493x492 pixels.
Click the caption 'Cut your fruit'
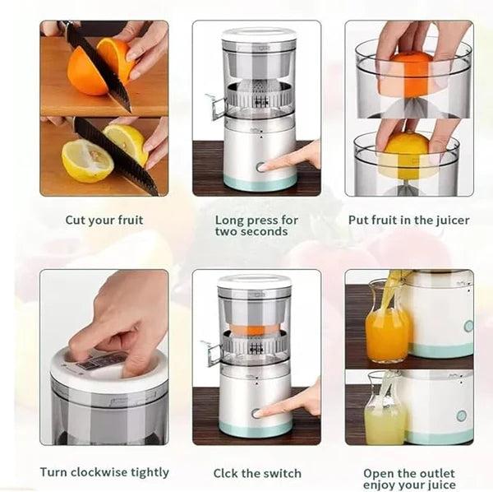point(104,220)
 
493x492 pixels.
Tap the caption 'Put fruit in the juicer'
point(408,220)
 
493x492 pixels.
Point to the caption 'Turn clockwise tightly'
point(104,472)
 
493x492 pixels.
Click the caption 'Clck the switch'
point(257,473)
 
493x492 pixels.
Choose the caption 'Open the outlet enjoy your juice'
point(408,480)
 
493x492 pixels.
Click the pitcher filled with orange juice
point(386,329)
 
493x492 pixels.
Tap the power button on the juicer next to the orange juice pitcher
point(468,326)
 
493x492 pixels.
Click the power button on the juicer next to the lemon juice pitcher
point(461,415)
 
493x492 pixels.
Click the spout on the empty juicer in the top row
point(216,108)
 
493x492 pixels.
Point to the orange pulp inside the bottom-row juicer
point(255,330)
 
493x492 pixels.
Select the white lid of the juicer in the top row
point(258,35)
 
